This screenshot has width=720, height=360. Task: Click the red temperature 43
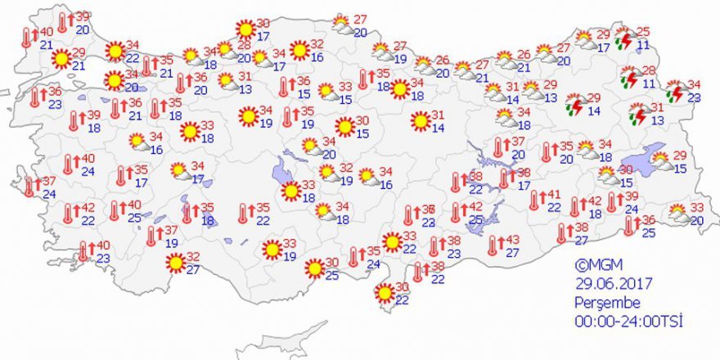click(x=514, y=240)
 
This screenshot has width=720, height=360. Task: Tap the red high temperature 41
click(x=554, y=195)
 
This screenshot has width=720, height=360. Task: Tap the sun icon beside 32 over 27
click(x=173, y=263)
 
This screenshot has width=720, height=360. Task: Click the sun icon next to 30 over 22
click(x=383, y=292)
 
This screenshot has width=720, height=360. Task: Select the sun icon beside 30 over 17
click(x=245, y=29)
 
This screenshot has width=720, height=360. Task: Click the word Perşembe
click(x=604, y=302)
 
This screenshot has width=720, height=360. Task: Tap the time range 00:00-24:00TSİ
click(x=628, y=321)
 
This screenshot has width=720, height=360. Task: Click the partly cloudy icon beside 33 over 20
click(x=678, y=214)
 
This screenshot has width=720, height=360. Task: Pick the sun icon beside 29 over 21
click(x=61, y=59)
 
